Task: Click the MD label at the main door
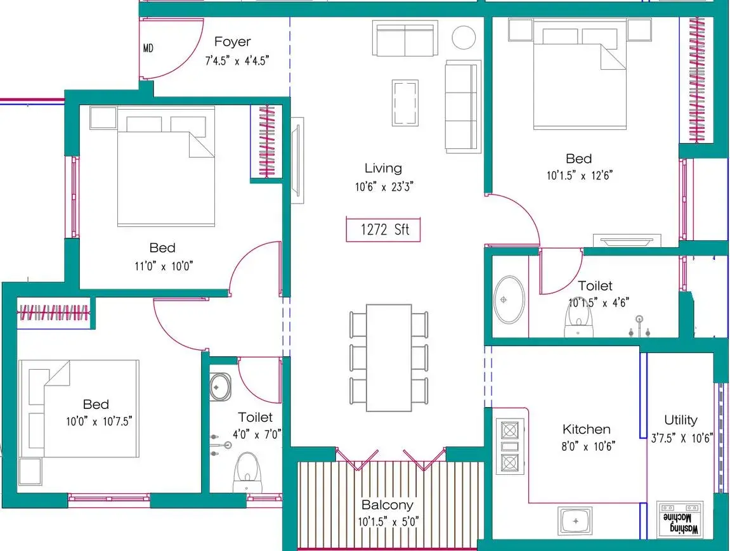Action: [x=148, y=48]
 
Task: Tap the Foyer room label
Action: [x=232, y=41]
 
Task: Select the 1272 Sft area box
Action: [x=383, y=230]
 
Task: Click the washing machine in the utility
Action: [x=680, y=519]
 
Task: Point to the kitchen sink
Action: [x=576, y=521]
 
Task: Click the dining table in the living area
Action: [x=389, y=358]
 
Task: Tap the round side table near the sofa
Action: [x=464, y=37]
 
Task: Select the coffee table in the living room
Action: [x=405, y=103]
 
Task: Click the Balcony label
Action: [x=388, y=505]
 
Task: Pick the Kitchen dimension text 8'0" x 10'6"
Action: [x=588, y=446]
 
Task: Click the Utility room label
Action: [x=681, y=420]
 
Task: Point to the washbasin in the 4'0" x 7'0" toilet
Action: [x=219, y=387]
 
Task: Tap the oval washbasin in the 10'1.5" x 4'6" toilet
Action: [x=509, y=300]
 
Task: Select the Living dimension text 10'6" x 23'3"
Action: [x=384, y=186]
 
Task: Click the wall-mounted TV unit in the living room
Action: [x=297, y=160]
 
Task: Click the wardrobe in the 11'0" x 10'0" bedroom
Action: [x=266, y=141]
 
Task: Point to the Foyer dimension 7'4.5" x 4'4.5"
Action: [x=237, y=60]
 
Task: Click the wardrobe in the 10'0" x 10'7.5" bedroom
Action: [x=53, y=313]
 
